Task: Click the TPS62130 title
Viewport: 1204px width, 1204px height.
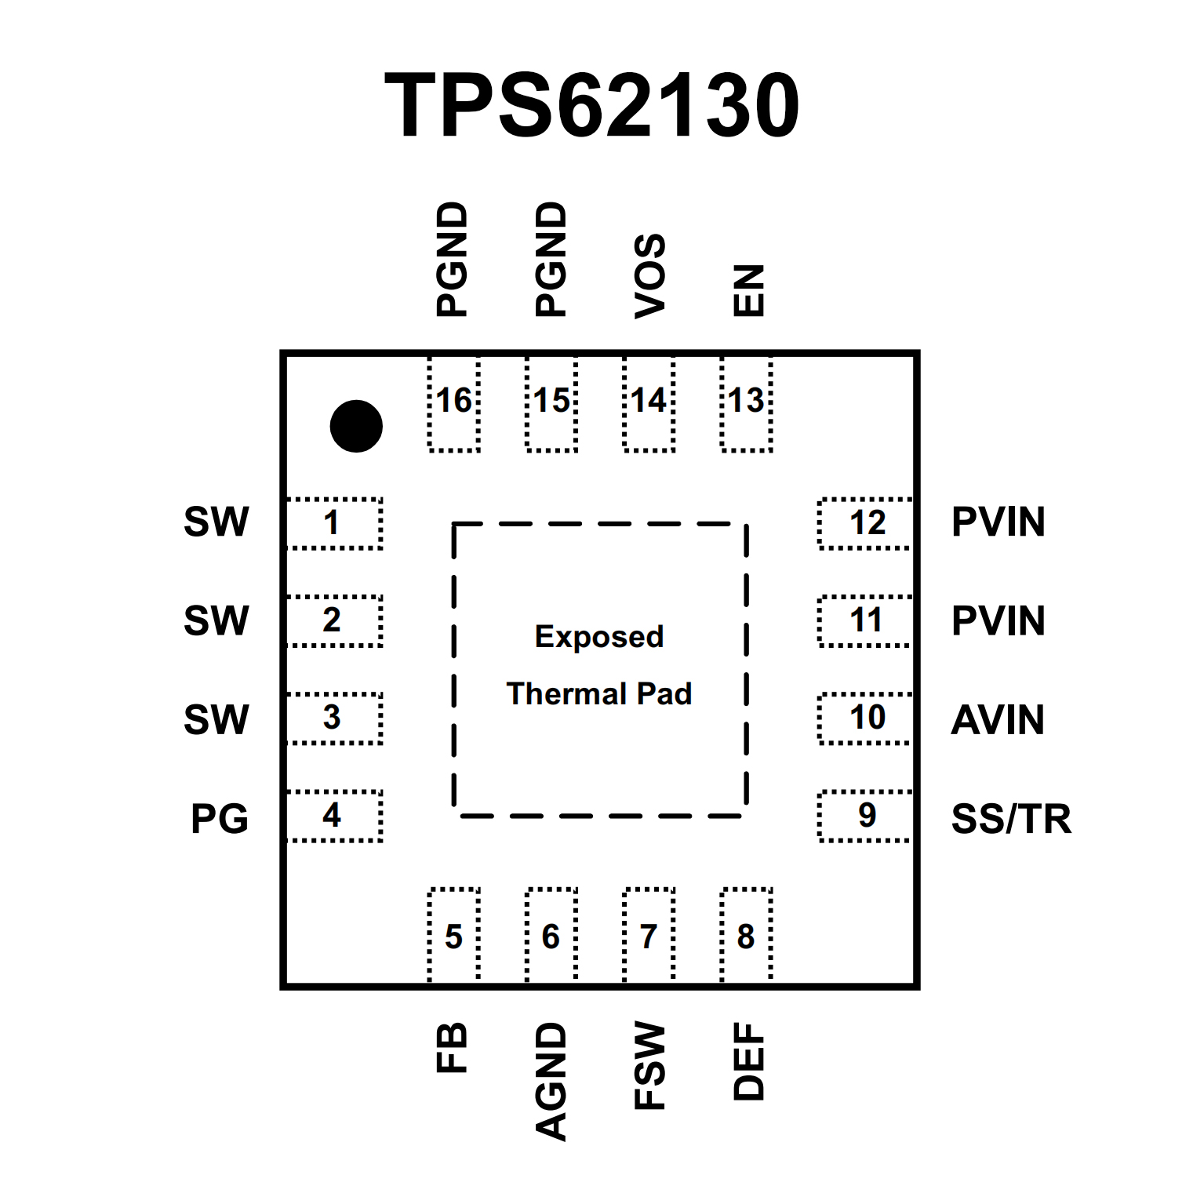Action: [x=592, y=105]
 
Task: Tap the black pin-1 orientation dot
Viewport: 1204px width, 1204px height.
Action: [x=356, y=426]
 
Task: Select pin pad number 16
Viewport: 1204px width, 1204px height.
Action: [x=454, y=403]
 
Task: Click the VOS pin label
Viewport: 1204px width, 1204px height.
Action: [x=650, y=276]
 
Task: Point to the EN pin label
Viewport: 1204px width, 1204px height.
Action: [x=748, y=290]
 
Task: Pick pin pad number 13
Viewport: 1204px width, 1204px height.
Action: [x=747, y=403]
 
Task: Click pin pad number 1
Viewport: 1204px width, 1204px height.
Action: [x=334, y=523]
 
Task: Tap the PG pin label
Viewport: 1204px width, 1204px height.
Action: [x=220, y=819]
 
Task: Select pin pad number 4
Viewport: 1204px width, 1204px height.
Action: [x=334, y=816]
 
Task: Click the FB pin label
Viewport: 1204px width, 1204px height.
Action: [x=453, y=1047]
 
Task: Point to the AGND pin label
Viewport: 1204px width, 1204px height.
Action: [x=551, y=1081]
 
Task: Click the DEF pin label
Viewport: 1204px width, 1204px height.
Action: [x=748, y=1061]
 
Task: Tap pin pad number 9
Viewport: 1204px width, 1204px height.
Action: [x=865, y=816]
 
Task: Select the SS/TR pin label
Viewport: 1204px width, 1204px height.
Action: [x=1011, y=819]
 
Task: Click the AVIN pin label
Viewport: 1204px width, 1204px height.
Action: [x=998, y=720]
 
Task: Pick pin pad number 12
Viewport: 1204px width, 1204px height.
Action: [x=865, y=523]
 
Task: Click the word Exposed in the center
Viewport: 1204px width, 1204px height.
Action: [x=599, y=637]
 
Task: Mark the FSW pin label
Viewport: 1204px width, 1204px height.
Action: [x=650, y=1065]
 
